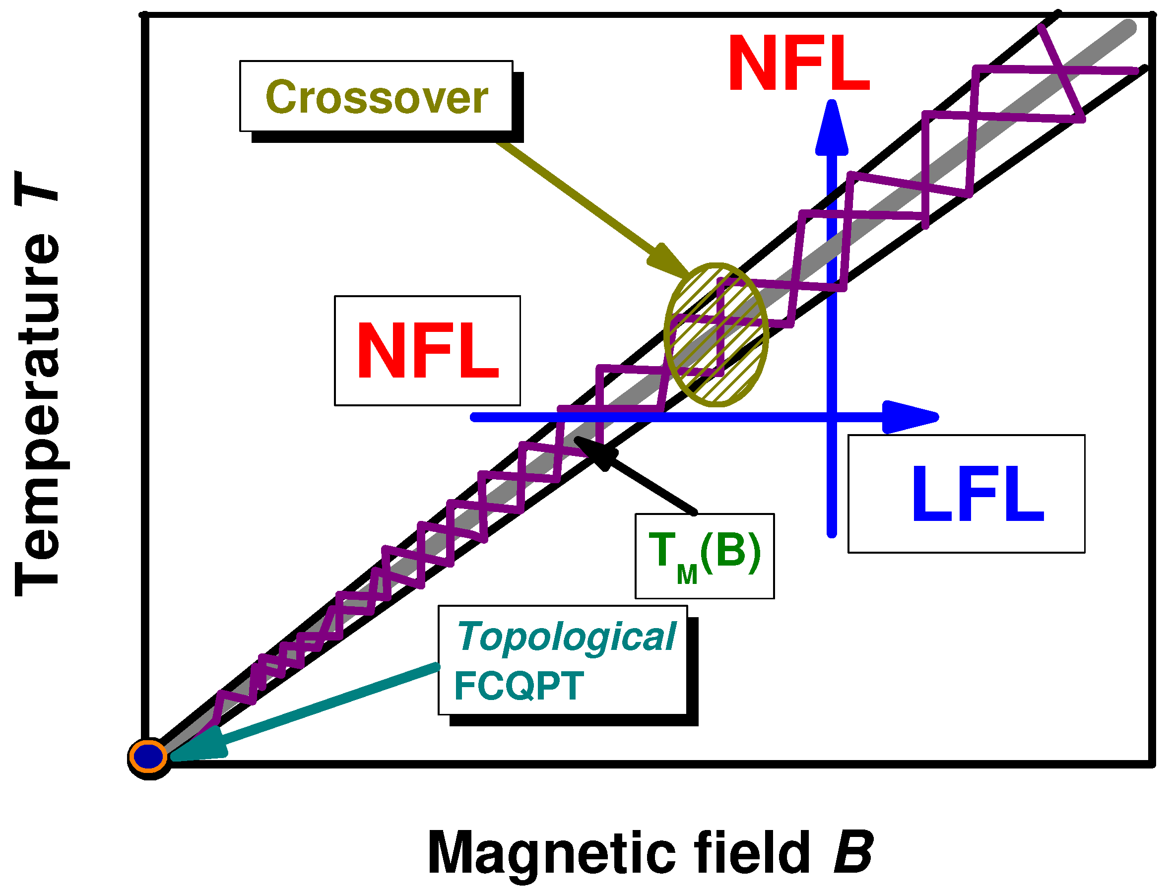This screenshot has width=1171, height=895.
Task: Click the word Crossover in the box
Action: click(x=376, y=98)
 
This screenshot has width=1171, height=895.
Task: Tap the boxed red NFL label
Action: click(x=427, y=351)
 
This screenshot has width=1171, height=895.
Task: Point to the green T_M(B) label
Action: click(x=704, y=554)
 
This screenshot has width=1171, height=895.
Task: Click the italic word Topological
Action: click(x=566, y=637)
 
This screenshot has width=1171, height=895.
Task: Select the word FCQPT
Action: click(x=519, y=686)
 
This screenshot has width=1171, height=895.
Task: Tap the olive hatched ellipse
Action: click(x=716, y=334)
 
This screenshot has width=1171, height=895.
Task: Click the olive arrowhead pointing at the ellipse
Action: click(x=668, y=261)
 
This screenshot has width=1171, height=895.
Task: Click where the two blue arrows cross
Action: click(x=831, y=417)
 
